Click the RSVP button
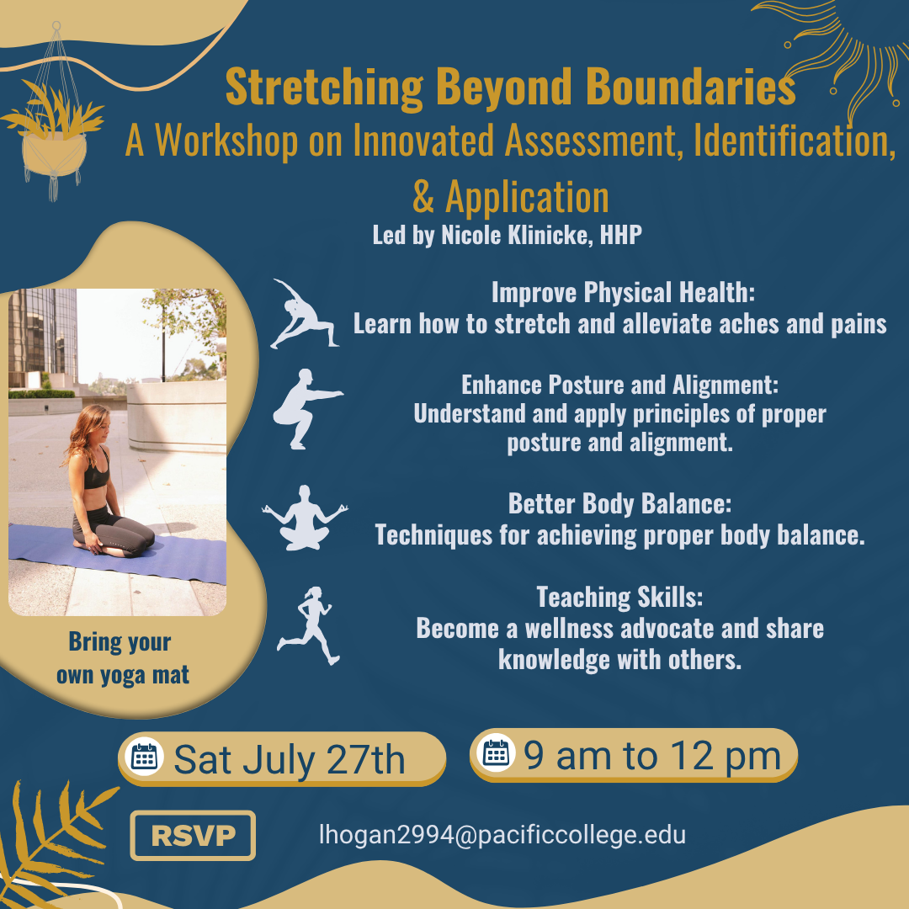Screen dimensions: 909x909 pyautogui.click(x=193, y=835)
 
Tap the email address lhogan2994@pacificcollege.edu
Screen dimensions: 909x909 pyautogui.click(x=502, y=835)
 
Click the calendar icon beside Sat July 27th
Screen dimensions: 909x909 pyautogui.click(x=144, y=757)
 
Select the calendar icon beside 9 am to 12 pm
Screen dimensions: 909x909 pyautogui.click(x=496, y=752)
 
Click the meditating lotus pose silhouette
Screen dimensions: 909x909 pyautogui.click(x=305, y=518)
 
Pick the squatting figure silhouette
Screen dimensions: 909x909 pyautogui.click(x=306, y=409)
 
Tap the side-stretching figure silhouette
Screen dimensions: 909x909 pyautogui.click(x=304, y=314)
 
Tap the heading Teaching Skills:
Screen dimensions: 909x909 pyautogui.click(x=619, y=597)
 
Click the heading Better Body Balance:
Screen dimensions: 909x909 pyautogui.click(x=619, y=503)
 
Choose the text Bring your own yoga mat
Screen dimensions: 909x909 pyautogui.click(x=122, y=658)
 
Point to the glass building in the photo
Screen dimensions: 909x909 pyautogui.click(x=42, y=338)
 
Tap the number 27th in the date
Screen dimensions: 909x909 pyautogui.click(x=365, y=759)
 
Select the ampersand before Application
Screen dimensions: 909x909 pyautogui.click(x=423, y=197)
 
